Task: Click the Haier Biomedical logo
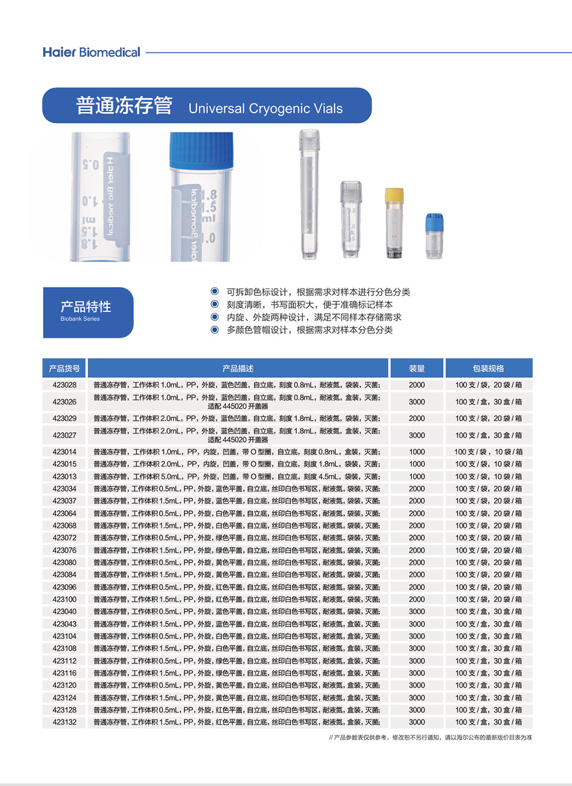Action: point(91,53)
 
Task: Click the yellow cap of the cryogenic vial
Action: point(394,195)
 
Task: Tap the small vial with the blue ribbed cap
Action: point(434,236)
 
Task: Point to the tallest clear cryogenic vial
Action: point(309,195)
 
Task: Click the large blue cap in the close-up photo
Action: point(201,151)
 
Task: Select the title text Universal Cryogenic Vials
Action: point(265,109)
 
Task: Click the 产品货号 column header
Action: point(64,368)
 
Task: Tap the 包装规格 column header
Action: point(488,368)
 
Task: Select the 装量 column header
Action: point(417,368)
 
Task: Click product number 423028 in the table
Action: point(64,385)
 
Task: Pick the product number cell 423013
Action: point(64,476)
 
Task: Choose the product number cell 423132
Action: point(64,722)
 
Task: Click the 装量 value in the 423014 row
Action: point(417,452)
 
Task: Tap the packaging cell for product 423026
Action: point(488,402)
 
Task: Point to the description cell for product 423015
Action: point(237,464)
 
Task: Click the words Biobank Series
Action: point(80,319)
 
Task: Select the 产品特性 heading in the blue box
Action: point(86,306)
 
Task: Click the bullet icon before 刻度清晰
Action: point(214,304)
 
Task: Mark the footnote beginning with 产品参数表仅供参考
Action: point(430,737)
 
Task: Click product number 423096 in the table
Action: point(64,587)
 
